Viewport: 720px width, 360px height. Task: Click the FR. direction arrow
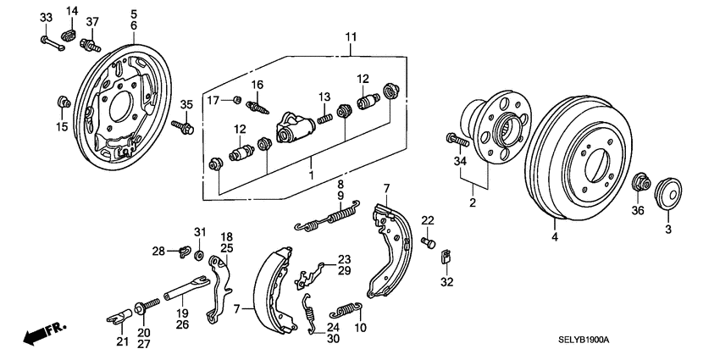point(43,333)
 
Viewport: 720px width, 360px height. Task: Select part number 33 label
point(45,19)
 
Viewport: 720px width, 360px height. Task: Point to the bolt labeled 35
point(184,128)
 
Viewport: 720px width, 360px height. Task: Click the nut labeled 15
point(62,103)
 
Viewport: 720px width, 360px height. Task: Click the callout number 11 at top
point(352,36)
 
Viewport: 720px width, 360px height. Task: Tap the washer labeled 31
point(199,255)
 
